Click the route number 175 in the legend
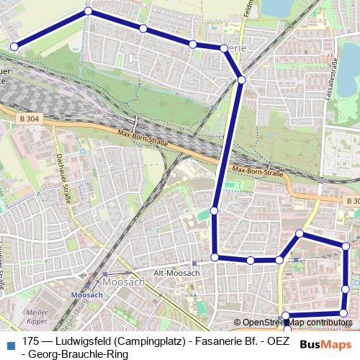tap(31, 341)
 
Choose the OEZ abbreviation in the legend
tap(278, 341)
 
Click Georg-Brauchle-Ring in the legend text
tap(79, 354)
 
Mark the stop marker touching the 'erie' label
tap(224, 48)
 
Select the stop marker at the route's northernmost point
tap(89, 11)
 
